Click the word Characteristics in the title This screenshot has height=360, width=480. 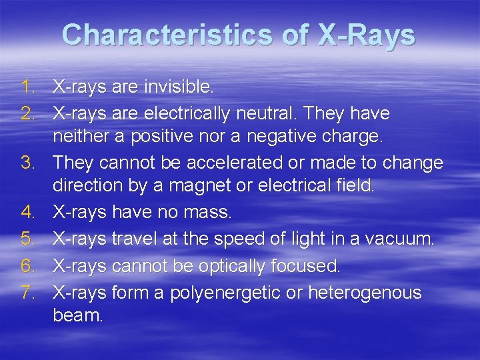[x=171, y=35]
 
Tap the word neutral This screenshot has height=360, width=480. [x=265, y=113]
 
